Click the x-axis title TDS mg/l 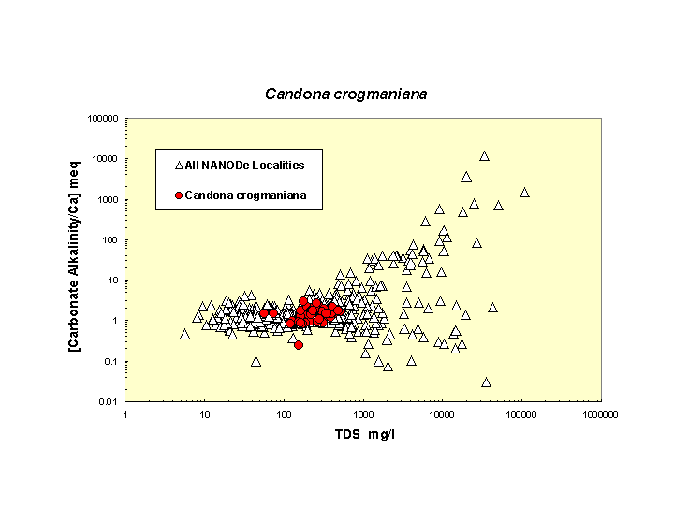[x=364, y=435]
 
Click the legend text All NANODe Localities [x=244, y=166]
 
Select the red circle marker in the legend [x=178, y=195]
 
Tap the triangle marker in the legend [x=178, y=166]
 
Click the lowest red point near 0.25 [x=299, y=345]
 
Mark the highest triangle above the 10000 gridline [x=484, y=156]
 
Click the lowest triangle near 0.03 [x=486, y=382]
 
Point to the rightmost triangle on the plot [x=524, y=193]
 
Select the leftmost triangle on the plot [x=185, y=334]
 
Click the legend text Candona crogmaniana [x=245, y=195]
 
